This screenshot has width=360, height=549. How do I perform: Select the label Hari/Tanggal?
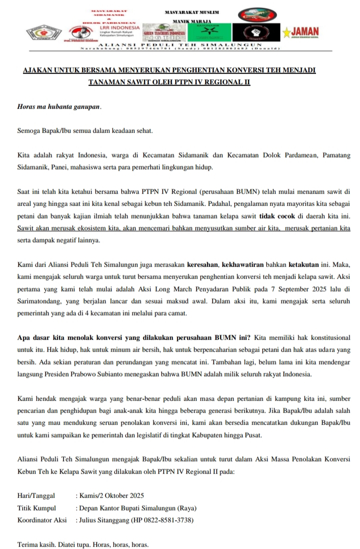(x=36, y=496)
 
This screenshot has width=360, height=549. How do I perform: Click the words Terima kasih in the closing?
(x=35, y=543)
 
